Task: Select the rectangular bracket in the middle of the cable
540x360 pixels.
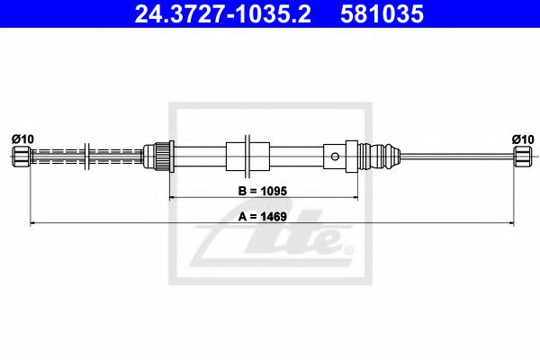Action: pyautogui.click(x=247, y=155)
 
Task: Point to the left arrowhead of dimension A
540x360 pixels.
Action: pyautogui.click(x=33, y=221)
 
